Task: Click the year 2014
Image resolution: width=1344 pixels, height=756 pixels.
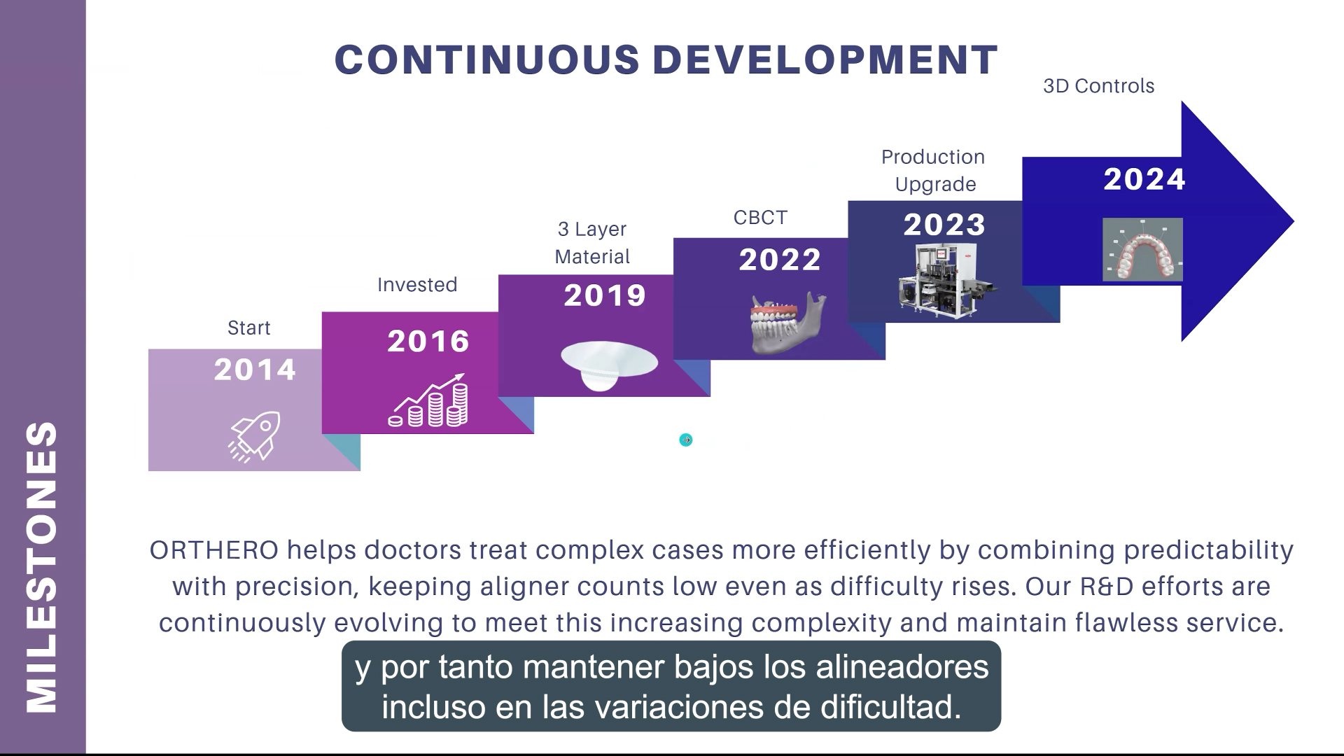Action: (x=255, y=370)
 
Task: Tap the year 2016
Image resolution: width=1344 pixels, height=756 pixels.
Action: (x=428, y=341)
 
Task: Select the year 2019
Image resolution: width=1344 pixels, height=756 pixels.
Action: (x=605, y=295)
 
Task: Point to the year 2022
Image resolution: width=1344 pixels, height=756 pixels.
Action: (x=780, y=260)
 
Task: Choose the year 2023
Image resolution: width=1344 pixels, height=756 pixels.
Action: (x=944, y=225)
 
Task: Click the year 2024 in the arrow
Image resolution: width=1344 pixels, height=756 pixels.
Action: (x=1144, y=179)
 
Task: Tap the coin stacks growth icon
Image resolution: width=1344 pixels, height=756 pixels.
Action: (x=428, y=400)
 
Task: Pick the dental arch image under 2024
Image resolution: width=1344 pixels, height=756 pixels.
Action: (x=1142, y=249)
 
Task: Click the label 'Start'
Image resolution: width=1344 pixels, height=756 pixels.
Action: (x=248, y=328)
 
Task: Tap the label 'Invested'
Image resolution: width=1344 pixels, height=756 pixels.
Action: (x=417, y=285)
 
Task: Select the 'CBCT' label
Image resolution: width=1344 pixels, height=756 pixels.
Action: (x=760, y=218)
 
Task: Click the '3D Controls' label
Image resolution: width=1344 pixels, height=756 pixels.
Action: (x=1098, y=86)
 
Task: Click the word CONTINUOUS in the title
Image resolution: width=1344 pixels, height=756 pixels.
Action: (x=487, y=59)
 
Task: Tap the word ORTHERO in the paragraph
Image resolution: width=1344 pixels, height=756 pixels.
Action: (x=214, y=550)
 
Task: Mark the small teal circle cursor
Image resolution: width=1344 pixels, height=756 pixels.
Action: (x=686, y=440)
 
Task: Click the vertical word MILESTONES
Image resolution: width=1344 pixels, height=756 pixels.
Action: (x=42, y=567)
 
